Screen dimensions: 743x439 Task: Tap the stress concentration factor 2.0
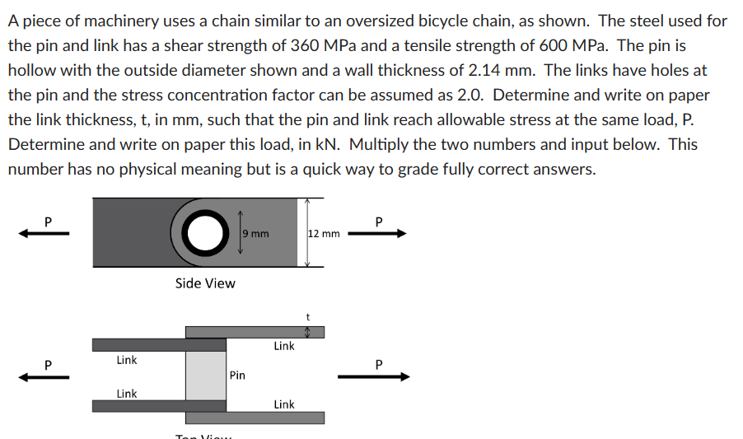tap(468, 95)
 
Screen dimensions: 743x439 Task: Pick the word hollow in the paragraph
tap(31, 70)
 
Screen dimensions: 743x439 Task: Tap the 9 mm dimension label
tap(255, 234)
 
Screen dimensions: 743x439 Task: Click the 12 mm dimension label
tap(324, 234)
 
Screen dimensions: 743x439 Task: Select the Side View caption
tap(205, 283)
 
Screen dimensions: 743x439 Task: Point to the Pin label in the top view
tap(237, 376)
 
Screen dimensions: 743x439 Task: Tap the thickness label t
tap(306, 316)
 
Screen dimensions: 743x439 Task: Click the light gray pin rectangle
tap(205, 375)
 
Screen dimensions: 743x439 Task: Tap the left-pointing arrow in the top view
tap(46, 376)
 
